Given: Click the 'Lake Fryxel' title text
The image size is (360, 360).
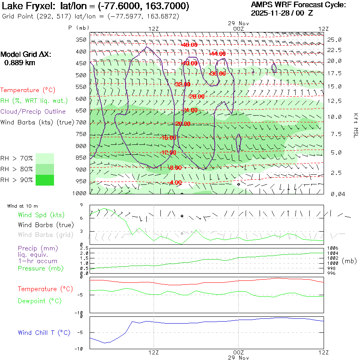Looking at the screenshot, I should coord(30,6).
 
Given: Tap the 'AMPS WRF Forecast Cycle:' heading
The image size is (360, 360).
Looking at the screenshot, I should coord(298,5).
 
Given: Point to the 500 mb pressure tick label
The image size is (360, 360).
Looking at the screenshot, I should coord(81,75).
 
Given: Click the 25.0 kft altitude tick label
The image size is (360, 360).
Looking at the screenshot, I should coord(334,40).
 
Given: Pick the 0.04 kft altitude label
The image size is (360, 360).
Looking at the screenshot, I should coord(334,194).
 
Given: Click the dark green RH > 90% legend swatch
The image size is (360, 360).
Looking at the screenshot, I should coord(45,180).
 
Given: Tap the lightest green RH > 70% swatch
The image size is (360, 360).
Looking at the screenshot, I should coord(45,158).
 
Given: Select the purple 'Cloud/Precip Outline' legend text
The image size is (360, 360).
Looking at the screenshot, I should coord(33,111).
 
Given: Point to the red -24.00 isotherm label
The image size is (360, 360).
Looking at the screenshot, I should coord(190,110).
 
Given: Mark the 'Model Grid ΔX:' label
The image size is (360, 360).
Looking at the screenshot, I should coord(26,54).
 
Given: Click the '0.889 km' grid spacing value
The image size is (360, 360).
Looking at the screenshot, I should coord(20,62).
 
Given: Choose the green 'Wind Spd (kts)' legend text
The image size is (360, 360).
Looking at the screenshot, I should coord(41,215).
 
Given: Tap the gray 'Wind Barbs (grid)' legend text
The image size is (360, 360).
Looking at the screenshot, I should coord(46,234).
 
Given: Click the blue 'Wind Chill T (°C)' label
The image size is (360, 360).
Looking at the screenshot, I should coord(44,333).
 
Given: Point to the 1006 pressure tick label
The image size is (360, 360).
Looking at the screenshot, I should coord(333,248).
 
